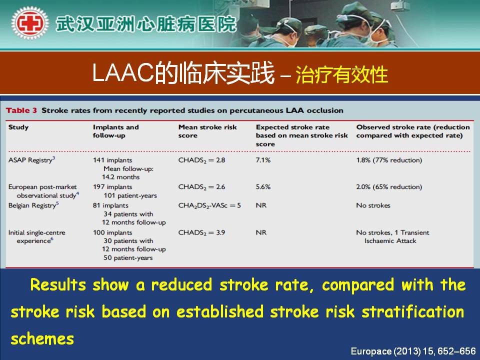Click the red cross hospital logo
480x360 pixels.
click(29, 23)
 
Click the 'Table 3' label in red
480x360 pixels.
click(21, 110)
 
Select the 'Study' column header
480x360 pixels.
click(18, 127)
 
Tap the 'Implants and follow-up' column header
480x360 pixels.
click(115, 131)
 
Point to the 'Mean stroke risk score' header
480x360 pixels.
click(207, 131)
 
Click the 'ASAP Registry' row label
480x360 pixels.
click(31, 160)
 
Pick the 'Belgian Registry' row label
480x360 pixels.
click(33, 205)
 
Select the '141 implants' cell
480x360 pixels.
click(112, 160)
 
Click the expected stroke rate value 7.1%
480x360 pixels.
click(263, 160)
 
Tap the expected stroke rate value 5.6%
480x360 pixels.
click(263, 186)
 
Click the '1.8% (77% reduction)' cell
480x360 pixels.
click(389, 160)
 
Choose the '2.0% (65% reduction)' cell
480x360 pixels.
click(389, 186)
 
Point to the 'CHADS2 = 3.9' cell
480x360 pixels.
click(201, 232)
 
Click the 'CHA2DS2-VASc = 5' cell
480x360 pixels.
click(209, 205)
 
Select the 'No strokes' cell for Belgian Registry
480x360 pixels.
click(373, 205)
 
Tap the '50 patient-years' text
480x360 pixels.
click(128, 258)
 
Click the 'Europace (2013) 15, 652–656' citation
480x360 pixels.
click(413, 351)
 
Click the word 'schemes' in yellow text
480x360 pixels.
click(42, 339)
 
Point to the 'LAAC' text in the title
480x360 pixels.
click(123, 73)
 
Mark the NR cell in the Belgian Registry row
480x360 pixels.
click(261, 205)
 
